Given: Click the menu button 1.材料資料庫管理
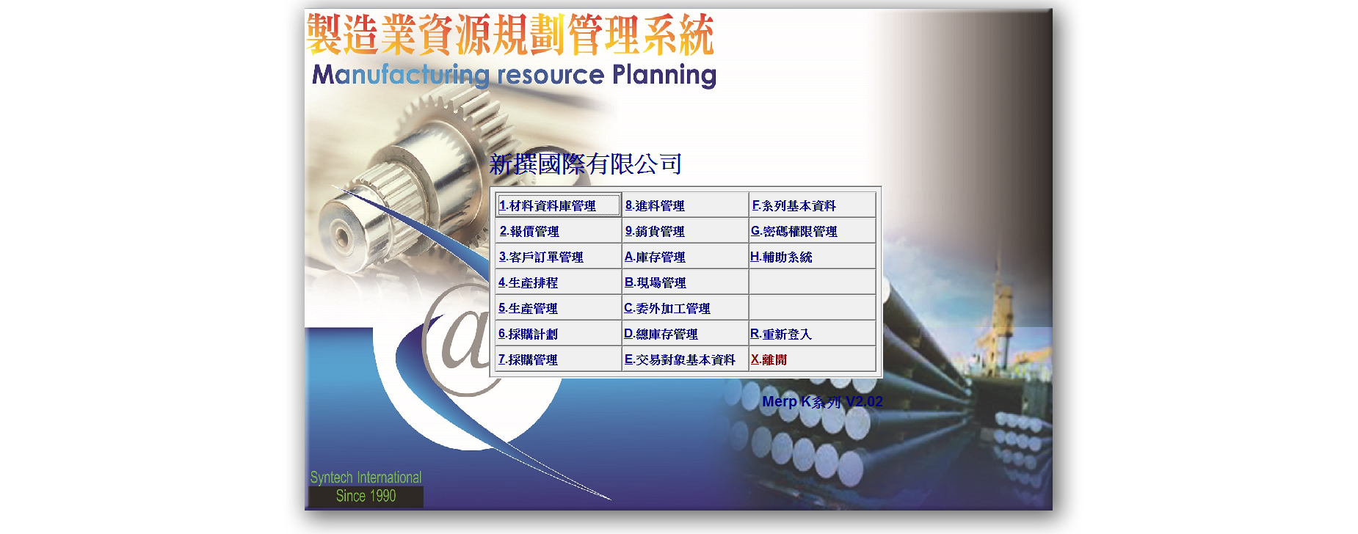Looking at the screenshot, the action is tap(558, 205).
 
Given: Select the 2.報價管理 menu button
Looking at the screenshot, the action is tap(558, 231).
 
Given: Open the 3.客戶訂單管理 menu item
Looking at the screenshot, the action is tap(558, 257).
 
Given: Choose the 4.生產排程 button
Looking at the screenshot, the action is tap(558, 282).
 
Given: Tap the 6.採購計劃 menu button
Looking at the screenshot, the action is tap(558, 334).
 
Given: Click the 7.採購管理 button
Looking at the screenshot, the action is tap(558, 359).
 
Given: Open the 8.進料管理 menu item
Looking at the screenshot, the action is tap(685, 205).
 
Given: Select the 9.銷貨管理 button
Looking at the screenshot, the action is tap(685, 231).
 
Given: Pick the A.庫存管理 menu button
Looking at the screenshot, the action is tap(685, 257).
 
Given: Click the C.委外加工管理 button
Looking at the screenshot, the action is tap(685, 308).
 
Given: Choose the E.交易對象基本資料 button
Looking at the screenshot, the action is tap(685, 359).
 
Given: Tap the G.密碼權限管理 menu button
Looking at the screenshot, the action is tap(812, 231).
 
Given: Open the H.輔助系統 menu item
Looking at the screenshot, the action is tap(812, 257).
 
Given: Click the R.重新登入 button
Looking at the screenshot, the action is tap(812, 334).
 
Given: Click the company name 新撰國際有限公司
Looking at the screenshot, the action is tap(586, 164).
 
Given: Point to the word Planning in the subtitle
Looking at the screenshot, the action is tap(664, 76).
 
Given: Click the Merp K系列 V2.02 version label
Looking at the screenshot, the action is tap(822, 401).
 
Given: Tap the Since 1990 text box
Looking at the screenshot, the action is tap(366, 497).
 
